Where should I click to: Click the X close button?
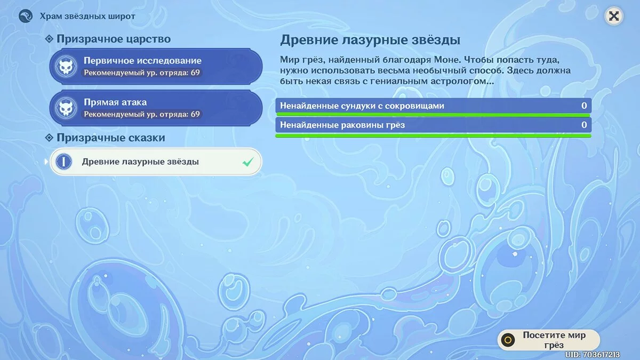tap(614, 16)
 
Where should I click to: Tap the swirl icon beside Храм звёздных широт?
tap(26, 15)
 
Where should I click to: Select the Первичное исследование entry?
tap(156, 66)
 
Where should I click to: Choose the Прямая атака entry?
tap(156, 108)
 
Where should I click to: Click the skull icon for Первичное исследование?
tap(66, 66)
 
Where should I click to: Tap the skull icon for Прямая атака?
tap(66, 108)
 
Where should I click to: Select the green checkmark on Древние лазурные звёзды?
tap(247, 162)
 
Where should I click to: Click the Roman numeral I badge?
tap(63, 162)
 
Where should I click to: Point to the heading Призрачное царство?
tap(114, 39)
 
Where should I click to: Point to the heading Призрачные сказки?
tap(111, 138)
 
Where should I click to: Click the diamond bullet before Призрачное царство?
tap(49, 39)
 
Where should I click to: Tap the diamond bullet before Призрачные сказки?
tap(49, 138)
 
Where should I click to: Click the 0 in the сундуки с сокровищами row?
tap(584, 106)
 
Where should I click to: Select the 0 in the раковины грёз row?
tap(584, 125)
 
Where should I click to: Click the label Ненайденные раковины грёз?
tap(342, 125)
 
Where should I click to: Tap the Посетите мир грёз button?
tap(549, 340)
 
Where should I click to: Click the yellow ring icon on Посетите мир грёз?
tap(508, 340)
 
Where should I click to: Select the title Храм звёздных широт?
tap(87, 17)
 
